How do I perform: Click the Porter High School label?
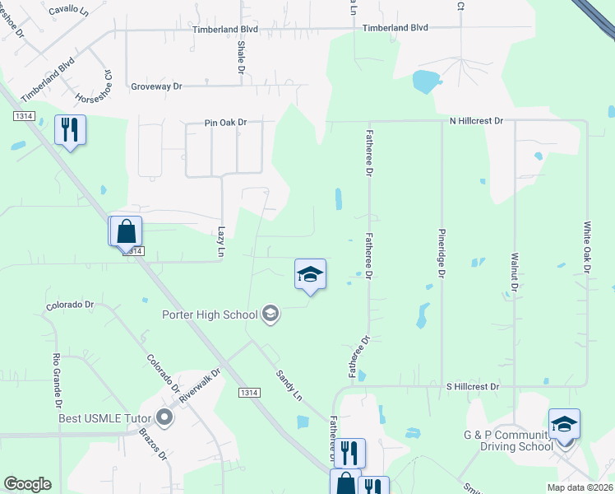pyautogui.click(x=209, y=314)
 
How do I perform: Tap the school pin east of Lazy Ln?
pyautogui.click(x=311, y=275)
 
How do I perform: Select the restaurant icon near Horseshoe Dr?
pyautogui.click(x=70, y=130)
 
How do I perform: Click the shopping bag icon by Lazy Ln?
pyautogui.click(x=127, y=231)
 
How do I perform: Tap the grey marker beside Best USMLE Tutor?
pyautogui.click(x=164, y=417)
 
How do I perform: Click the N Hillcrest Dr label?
pyautogui.click(x=476, y=120)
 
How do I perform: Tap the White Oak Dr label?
pyautogui.click(x=587, y=246)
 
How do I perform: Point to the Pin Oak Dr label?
pyautogui.click(x=225, y=123)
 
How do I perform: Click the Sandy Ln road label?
pyautogui.click(x=289, y=384)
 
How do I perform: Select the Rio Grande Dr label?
pyautogui.click(x=58, y=380)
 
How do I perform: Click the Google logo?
pyautogui.click(x=27, y=484)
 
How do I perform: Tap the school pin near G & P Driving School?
pyautogui.click(x=564, y=425)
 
